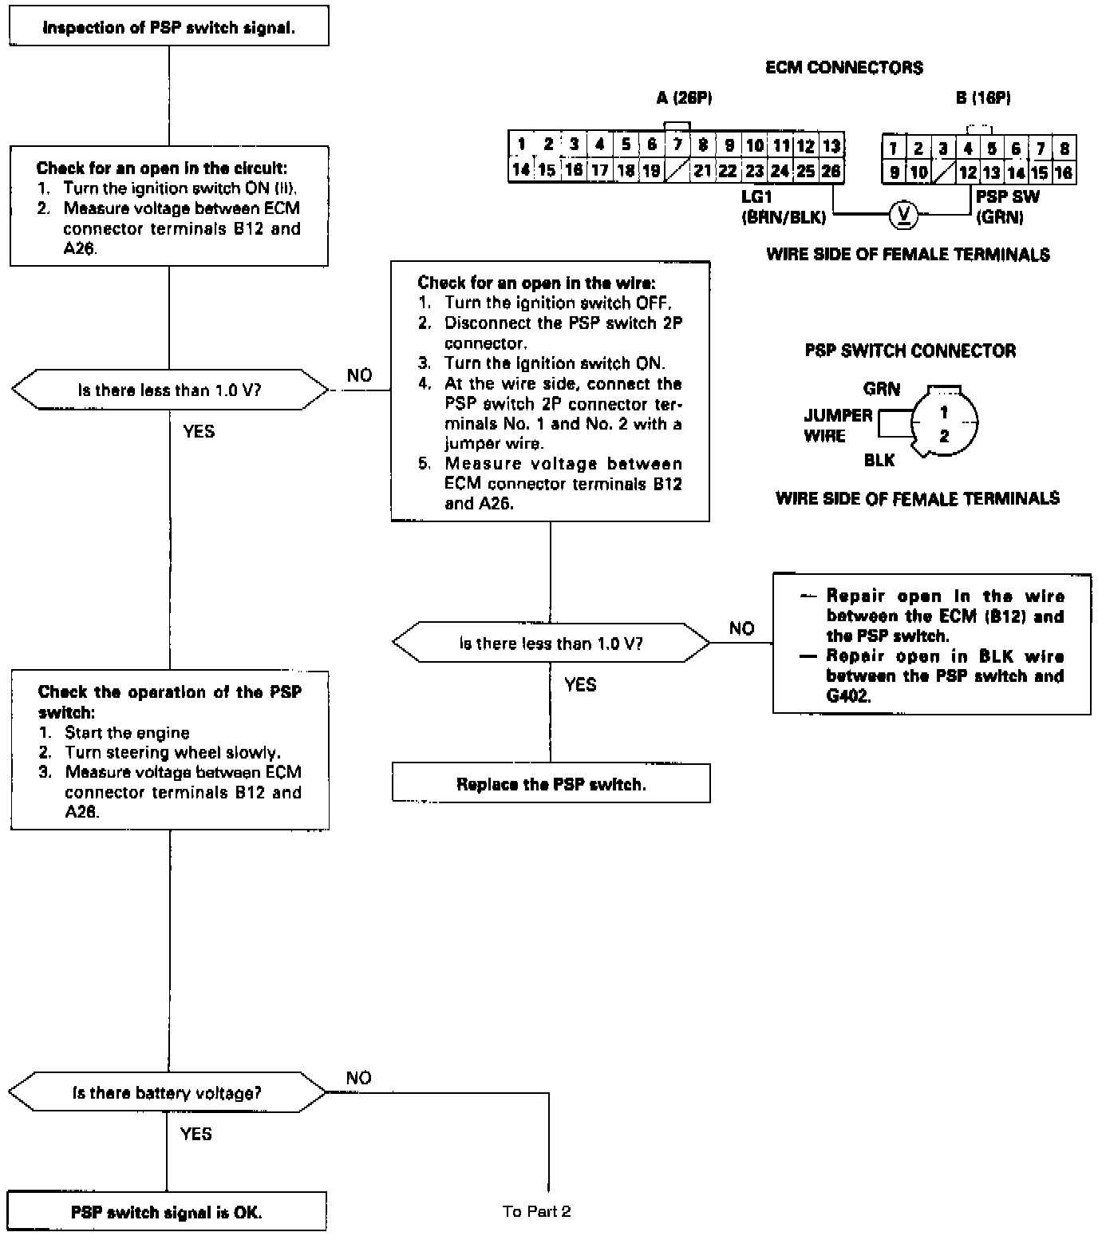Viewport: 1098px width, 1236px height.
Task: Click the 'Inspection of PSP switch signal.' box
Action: tap(168, 28)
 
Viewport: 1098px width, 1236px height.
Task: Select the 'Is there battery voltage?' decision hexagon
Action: tap(167, 1093)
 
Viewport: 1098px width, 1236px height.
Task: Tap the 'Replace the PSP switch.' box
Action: tap(551, 784)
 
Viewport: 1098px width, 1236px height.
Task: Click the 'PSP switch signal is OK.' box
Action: tap(167, 1212)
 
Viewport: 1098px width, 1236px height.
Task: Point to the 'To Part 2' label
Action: tap(536, 1211)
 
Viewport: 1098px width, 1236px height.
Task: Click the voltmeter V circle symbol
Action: tap(903, 214)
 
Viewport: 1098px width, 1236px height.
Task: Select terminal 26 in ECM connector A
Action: tap(831, 171)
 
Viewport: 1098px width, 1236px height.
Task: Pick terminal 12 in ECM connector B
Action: tap(967, 172)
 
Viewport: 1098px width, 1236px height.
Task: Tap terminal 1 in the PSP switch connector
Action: tap(944, 413)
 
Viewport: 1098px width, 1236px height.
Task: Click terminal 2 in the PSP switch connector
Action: tap(944, 436)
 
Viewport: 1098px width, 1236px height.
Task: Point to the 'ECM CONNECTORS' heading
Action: tap(844, 68)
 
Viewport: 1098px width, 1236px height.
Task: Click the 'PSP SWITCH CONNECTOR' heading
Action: tap(910, 351)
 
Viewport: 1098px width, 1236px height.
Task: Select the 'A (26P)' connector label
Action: tap(684, 98)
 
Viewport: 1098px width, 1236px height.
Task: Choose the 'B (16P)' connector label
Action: tap(983, 98)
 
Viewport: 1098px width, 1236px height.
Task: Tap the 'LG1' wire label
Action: tap(756, 196)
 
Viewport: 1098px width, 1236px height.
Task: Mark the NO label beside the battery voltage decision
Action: tap(359, 1078)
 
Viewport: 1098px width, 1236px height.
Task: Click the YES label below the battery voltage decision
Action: tap(196, 1134)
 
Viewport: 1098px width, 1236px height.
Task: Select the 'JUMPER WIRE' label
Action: tap(837, 426)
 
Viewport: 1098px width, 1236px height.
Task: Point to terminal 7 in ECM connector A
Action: tap(677, 145)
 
